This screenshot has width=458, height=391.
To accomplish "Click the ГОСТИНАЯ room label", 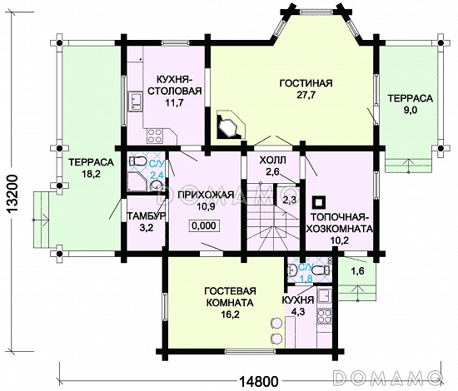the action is pos(306,83).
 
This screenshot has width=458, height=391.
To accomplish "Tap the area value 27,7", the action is pos(306,95).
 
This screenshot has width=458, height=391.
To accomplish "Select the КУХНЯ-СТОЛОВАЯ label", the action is pos(175,85).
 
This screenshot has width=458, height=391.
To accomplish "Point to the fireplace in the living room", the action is pos(231,124).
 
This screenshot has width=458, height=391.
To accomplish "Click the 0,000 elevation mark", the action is pos(204,225).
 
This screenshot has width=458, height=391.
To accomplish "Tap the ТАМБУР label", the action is pos(146,216).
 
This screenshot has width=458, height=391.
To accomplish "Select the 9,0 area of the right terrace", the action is pos(411,111).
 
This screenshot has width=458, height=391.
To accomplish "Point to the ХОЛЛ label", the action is pos(272,160).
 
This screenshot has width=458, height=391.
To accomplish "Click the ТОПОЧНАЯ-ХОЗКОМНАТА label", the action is pos(339,223).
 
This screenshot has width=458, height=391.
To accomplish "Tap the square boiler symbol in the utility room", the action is pos(319,202).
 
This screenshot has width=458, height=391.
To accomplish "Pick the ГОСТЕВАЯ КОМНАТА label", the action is pos(230,297).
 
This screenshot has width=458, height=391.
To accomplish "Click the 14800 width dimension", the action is pos(259,381).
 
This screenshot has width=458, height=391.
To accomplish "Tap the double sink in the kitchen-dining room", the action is pos(135,101).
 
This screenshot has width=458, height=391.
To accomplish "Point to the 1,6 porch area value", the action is pos(357,271).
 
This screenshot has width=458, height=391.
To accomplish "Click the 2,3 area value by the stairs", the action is pos(289,200).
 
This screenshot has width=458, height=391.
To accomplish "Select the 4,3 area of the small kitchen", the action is pos(298,312).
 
